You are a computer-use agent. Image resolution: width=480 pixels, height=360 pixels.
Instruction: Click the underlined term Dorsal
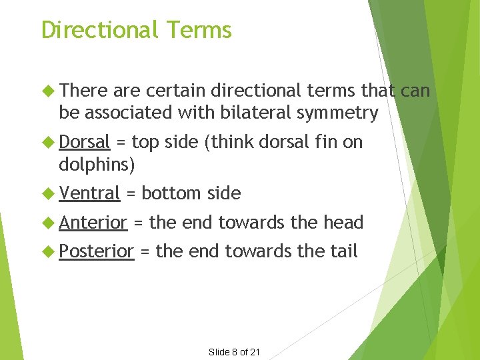coord(84,142)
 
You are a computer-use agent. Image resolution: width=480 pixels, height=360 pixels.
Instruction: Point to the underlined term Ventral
coord(89,193)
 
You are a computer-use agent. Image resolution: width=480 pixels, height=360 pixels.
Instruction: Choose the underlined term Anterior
coord(93,223)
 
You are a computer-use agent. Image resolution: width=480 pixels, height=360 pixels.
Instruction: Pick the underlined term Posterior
coord(97,251)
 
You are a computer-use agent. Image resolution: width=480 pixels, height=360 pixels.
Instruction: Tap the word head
coord(341,223)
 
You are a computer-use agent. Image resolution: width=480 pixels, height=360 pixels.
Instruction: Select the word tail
coord(345,251)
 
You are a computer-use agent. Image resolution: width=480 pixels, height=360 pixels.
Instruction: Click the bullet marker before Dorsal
coord(47,142)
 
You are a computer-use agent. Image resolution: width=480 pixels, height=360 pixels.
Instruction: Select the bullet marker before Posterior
coord(47,251)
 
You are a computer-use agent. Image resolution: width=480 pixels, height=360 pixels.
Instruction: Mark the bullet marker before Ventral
coord(47,193)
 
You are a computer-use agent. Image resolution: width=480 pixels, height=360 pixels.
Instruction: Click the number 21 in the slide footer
coord(254,352)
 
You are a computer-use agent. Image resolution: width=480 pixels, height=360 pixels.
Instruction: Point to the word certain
coord(171,91)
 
